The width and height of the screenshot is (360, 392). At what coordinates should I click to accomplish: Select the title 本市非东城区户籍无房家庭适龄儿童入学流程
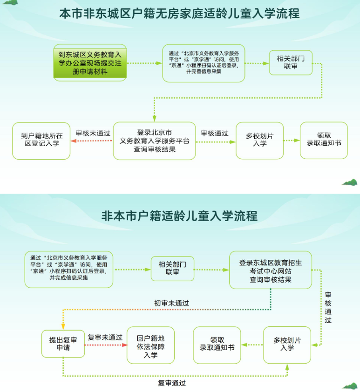pyautogui.click(x=179, y=14)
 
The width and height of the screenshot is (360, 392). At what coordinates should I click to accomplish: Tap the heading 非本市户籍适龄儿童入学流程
pyautogui.click(x=179, y=216)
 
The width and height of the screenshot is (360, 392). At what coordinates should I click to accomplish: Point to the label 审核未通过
pyautogui.click(x=93, y=133)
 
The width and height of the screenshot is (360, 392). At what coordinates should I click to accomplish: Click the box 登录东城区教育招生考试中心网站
pyautogui.click(x=270, y=270)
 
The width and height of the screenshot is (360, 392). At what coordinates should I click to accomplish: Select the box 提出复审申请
pyautogui.click(x=63, y=344)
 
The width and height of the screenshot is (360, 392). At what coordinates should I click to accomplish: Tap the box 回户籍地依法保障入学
pyautogui.click(x=150, y=345)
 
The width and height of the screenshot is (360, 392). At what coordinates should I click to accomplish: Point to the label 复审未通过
pyautogui.click(x=105, y=338)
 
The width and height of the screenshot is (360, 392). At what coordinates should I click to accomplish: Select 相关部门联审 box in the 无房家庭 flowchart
pyautogui.click(x=291, y=62)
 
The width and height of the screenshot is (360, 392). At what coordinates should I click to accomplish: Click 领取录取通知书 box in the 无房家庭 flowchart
pyautogui.click(x=323, y=140)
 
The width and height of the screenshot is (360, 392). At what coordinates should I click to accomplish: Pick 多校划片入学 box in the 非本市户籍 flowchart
pyautogui.click(x=287, y=344)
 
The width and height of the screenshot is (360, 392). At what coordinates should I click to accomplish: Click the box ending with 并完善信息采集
pyautogui.click(x=203, y=62)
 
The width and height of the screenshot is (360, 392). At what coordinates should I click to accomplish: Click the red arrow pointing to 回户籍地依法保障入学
pyautogui.click(x=106, y=345)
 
